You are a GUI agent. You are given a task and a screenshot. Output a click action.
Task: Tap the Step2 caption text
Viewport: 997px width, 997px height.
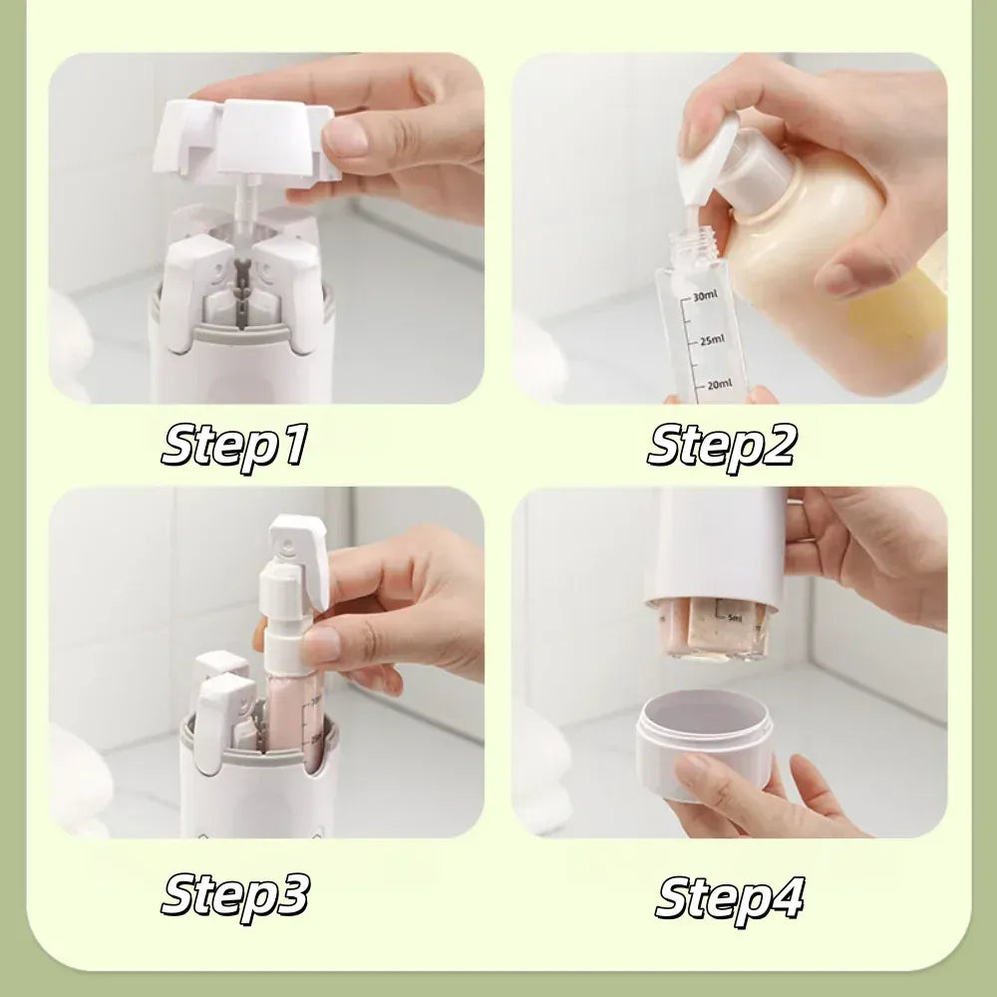tap(722, 445)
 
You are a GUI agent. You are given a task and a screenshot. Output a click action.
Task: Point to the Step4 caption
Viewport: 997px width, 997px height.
tap(729, 897)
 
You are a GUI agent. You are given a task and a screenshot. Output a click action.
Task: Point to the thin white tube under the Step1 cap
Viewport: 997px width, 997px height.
tap(243, 204)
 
